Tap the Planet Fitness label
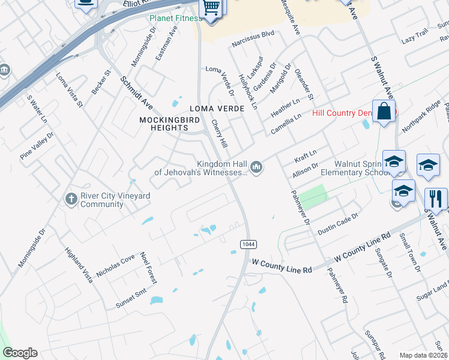click(x=176, y=18)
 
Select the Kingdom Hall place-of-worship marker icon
click(x=256, y=166)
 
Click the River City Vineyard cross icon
click(x=71, y=198)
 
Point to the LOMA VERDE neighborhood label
click(x=217, y=109)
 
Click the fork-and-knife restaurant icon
click(x=436, y=199)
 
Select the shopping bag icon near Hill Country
click(x=384, y=112)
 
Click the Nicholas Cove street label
click(x=115, y=266)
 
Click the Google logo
click(x=20, y=353)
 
